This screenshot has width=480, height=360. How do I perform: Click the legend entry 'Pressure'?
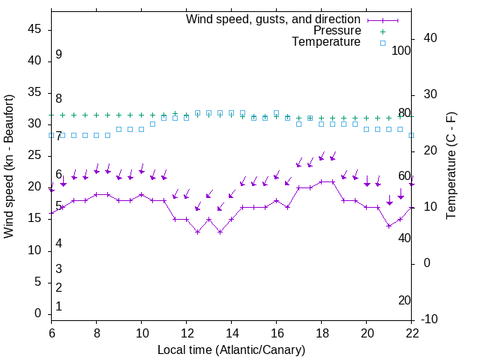tap(337, 31)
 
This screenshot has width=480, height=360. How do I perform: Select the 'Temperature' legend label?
tap(326, 43)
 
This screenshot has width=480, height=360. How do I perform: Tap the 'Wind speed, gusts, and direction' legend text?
tap(273, 19)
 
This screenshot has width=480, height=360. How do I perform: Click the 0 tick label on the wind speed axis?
tap(38, 313)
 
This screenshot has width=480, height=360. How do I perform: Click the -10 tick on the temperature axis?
tap(428, 319)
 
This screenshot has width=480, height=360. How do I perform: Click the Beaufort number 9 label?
tap(58, 55)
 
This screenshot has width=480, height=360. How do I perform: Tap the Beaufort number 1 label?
tap(58, 307)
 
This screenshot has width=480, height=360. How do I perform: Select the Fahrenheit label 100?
tap(402, 50)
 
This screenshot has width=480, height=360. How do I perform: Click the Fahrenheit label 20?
tap(404, 301)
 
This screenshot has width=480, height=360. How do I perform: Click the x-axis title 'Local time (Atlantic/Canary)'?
tap(232, 349)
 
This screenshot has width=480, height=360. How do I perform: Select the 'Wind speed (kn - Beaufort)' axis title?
tap(9, 166)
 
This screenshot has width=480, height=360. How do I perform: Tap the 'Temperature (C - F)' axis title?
tap(451, 166)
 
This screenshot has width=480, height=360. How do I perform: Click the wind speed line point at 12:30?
tap(198, 232)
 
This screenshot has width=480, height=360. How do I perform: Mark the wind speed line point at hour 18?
tap(322, 181)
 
